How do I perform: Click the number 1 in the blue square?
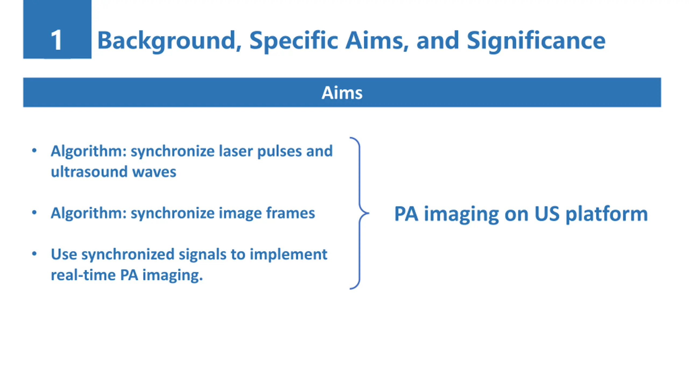(x=57, y=40)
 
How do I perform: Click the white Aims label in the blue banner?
(x=342, y=93)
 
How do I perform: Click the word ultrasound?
(x=89, y=172)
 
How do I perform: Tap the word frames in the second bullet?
(x=290, y=213)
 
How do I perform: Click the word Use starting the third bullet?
(x=64, y=254)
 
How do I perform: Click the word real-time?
(x=83, y=275)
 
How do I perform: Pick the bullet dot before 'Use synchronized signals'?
(x=34, y=254)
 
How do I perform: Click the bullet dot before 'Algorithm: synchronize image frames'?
(x=34, y=213)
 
